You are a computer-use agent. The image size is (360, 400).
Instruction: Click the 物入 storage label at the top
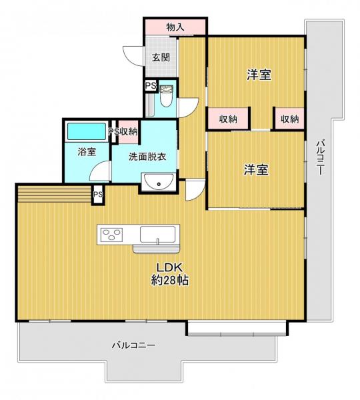click(175, 27)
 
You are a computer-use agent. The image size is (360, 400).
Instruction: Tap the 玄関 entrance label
click(161, 57)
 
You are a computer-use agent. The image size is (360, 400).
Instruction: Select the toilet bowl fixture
click(167, 96)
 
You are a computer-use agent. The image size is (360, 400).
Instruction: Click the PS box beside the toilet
click(151, 85)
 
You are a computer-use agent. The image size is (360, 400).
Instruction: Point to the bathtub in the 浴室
click(87, 131)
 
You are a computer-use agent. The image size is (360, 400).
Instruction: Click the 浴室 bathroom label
click(87, 152)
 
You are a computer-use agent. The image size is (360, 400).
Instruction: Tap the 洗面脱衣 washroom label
click(147, 157)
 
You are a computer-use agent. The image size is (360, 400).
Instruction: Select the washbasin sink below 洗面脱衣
click(159, 181)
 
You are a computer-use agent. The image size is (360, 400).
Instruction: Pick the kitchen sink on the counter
click(157, 235)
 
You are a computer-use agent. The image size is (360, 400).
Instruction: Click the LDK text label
click(169, 267)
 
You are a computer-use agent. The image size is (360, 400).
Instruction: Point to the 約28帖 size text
click(170, 280)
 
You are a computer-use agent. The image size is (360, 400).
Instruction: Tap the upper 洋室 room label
click(259, 75)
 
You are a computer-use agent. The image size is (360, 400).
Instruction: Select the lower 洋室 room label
click(256, 169)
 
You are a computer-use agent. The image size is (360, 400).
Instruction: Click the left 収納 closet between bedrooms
click(229, 119)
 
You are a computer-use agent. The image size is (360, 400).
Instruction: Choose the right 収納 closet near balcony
click(290, 119)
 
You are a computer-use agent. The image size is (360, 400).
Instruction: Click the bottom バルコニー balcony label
click(134, 345)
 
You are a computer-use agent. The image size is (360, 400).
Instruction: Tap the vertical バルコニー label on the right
click(320, 157)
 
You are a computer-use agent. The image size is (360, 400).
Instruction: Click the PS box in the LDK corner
click(98, 195)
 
